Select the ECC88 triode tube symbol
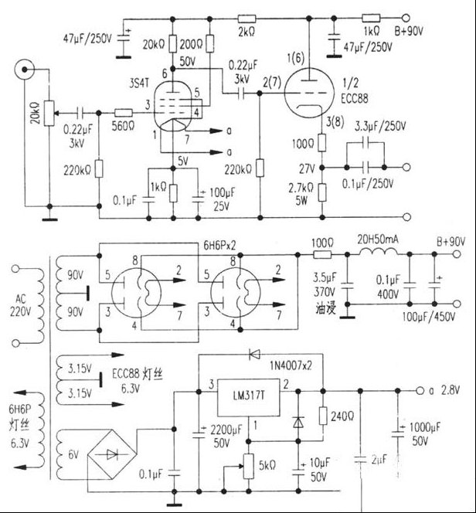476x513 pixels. click(x=309, y=91)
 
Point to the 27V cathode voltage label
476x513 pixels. click(x=304, y=165)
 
